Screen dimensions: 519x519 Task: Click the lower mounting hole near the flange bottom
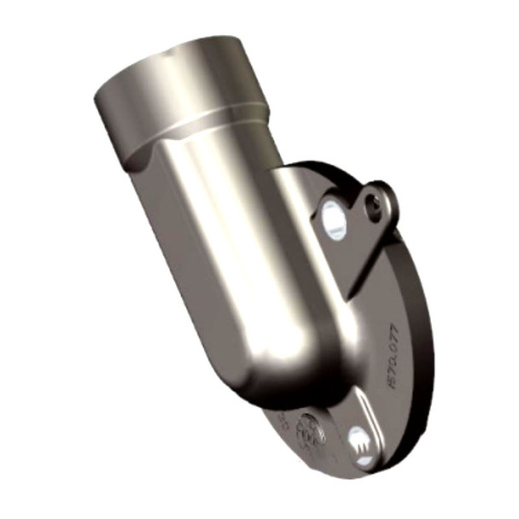tap(360, 441)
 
